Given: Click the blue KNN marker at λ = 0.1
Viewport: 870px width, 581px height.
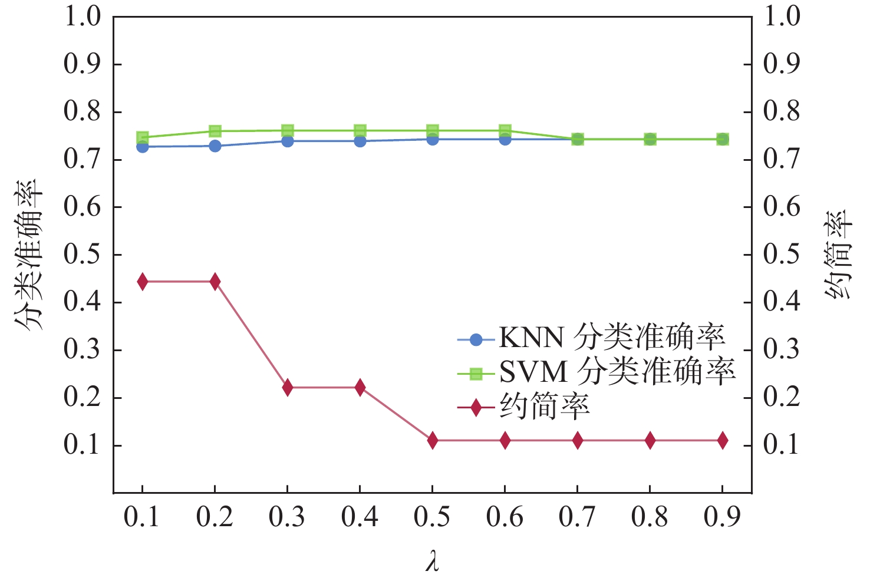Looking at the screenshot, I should (142, 147).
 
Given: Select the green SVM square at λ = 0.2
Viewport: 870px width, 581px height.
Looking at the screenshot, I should (215, 131).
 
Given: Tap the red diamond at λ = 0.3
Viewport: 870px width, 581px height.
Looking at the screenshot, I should (288, 387).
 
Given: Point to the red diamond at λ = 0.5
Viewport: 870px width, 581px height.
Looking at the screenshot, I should (433, 440).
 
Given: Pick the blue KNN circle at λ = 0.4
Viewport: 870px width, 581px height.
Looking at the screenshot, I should (360, 141).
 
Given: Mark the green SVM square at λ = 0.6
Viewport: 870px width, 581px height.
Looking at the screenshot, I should (505, 130).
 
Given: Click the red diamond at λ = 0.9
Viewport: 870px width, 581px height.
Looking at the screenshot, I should (723, 440).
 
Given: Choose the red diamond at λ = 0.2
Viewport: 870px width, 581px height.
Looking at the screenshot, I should (215, 282).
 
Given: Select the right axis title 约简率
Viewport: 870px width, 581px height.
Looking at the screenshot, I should (838, 255).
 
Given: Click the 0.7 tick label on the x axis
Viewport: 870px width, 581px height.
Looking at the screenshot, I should (577, 517).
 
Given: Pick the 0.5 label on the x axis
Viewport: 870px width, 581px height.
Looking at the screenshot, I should (432, 517).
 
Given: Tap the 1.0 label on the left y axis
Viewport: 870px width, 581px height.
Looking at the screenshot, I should (82, 16).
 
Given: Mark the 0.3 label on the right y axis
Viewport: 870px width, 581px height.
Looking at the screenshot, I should (782, 350).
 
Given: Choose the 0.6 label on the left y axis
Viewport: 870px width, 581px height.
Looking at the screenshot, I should (82, 207).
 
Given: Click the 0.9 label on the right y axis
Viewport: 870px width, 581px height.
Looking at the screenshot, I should (782, 64).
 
